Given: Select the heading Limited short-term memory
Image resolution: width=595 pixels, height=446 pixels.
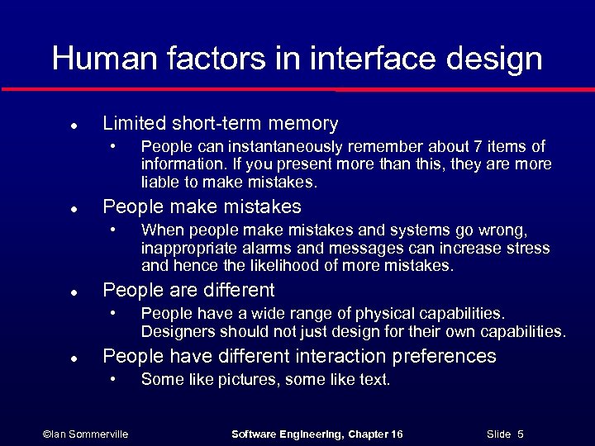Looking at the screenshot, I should (220, 124).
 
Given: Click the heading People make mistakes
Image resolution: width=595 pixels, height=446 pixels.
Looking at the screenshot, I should (202, 206).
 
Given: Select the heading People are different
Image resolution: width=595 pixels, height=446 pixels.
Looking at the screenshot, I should (188, 291).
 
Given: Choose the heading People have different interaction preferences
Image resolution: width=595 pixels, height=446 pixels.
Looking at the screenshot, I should (299, 357).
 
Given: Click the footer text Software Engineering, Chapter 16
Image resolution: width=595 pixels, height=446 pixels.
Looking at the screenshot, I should (317, 434).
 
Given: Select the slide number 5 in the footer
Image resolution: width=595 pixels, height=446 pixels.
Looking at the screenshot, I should (521, 434).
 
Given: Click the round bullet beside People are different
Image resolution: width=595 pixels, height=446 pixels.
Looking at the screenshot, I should (74, 292).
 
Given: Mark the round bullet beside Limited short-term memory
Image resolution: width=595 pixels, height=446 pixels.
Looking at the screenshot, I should (74, 126).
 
